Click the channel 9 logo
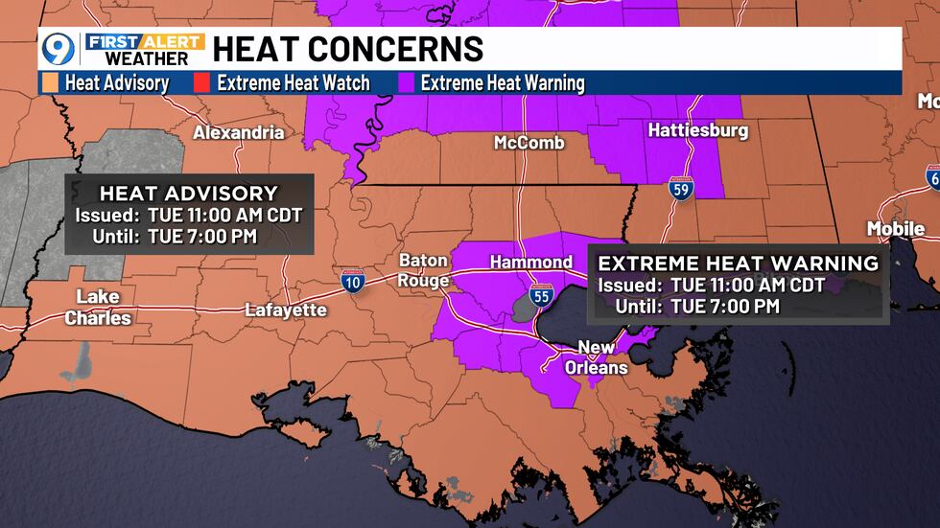[59, 49]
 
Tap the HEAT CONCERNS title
[347, 49]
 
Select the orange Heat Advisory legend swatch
[52, 83]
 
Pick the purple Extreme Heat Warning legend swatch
[407, 83]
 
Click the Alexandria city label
[239, 132]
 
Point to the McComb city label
[529, 143]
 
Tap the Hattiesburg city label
[697, 130]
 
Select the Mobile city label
[895, 228]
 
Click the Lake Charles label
[98, 307]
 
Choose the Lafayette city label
[285, 310]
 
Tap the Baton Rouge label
[423, 270]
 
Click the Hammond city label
[530, 262]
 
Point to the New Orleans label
[602, 357]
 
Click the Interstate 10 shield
[352, 281]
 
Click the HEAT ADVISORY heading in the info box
[189, 193]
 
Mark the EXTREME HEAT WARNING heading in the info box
[738, 263]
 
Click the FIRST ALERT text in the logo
[145, 41]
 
